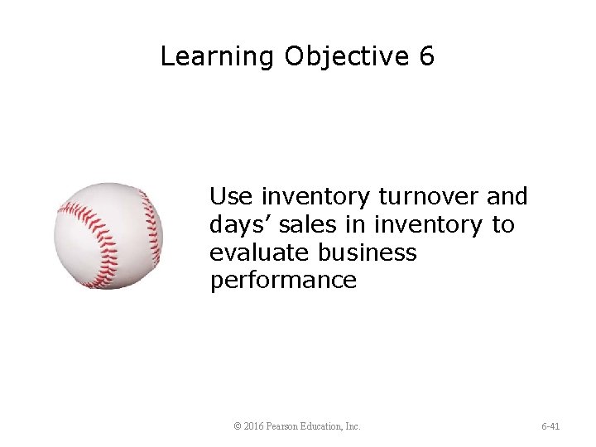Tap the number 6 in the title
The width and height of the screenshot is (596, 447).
[x=426, y=56]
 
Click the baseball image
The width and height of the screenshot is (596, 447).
[x=108, y=236]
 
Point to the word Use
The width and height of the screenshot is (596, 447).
[x=232, y=197]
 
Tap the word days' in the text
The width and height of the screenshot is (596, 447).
[x=237, y=225]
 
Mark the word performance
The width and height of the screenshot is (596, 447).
[x=283, y=281]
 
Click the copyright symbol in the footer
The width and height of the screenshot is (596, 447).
[x=238, y=426]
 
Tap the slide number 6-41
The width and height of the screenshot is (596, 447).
[x=550, y=426]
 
